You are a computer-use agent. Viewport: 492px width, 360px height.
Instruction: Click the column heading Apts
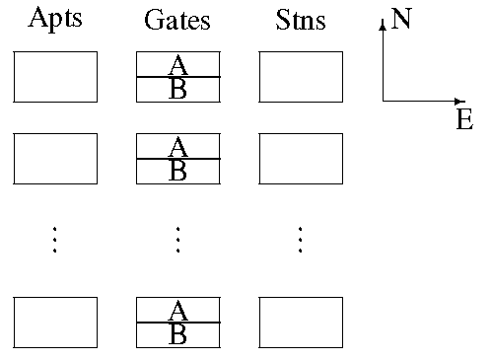click(x=55, y=19)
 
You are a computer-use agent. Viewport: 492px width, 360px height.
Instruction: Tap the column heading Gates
click(x=177, y=20)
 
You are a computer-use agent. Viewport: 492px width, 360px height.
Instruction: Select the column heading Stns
click(x=301, y=20)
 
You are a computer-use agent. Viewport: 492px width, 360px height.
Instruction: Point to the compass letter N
click(x=401, y=19)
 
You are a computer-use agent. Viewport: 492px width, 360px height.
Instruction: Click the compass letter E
click(x=464, y=119)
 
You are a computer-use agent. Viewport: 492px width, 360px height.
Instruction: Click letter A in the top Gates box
click(x=177, y=65)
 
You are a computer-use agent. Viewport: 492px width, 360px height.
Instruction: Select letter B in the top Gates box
click(x=177, y=88)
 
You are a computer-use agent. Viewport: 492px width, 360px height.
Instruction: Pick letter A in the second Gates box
click(x=177, y=147)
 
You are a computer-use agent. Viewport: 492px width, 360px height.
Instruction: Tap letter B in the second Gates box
click(x=177, y=170)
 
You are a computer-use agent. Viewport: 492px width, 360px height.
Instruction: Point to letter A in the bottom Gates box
click(x=177, y=311)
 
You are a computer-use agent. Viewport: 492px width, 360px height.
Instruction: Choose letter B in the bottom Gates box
click(x=177, y=333)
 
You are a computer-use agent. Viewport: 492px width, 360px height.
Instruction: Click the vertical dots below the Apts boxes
click(x=54, y=240)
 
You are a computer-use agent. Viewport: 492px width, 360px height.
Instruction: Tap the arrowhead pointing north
click(x=383, y=25)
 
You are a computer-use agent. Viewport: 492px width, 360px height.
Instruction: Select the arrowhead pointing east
click(x=459, y=102)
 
